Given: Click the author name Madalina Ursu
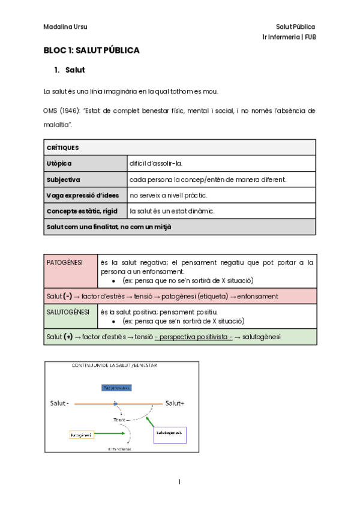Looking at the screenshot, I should click(65, 27).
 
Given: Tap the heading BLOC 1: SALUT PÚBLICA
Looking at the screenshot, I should click(91, 50).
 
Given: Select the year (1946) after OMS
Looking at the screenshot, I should click(70, 111).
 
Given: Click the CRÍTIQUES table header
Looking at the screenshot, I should click(62, 147).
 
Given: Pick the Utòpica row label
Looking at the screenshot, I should click(58, 163).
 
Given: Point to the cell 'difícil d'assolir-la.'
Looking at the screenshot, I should click(156, 163).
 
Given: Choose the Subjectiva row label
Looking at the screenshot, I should click(63, 179).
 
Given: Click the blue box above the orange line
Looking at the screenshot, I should click(116, 388).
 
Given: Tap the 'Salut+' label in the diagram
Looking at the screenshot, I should click(175, 404).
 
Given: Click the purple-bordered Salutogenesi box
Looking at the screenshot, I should click(170, 432).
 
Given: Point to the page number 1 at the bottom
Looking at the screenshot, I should click(179, 482).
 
